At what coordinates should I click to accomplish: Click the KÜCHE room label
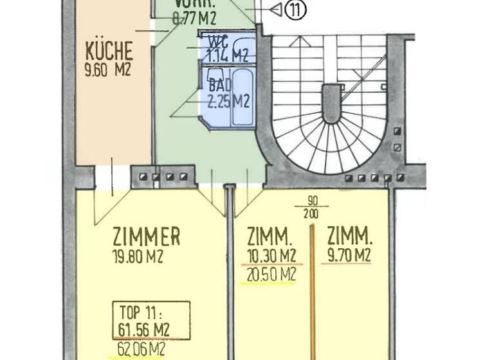point(109,50)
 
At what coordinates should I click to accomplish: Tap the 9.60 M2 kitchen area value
point(107,69)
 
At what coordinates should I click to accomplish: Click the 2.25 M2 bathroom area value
point(228,100)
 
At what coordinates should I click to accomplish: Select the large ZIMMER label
point(146,237)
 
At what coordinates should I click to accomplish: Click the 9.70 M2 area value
point(347,255)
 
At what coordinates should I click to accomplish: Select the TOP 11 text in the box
point(143,314)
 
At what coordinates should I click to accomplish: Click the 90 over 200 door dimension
point(313,208)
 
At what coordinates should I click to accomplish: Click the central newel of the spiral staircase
point(330,103)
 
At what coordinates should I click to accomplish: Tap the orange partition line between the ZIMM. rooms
point(313,289)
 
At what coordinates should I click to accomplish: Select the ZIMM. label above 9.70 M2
point(347,233)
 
